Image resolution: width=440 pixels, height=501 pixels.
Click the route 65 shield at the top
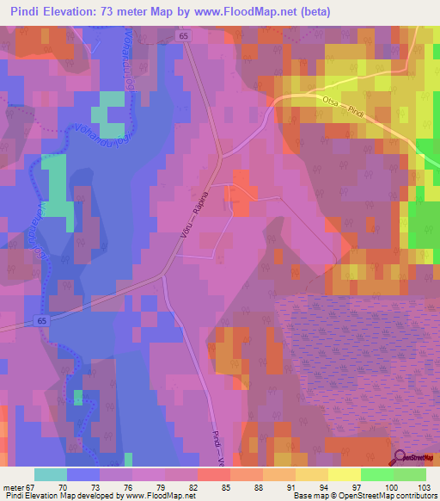184,36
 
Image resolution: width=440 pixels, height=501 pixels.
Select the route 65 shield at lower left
42,320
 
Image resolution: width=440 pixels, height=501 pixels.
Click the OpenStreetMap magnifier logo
399,458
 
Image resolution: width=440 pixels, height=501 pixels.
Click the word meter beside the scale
13,486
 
